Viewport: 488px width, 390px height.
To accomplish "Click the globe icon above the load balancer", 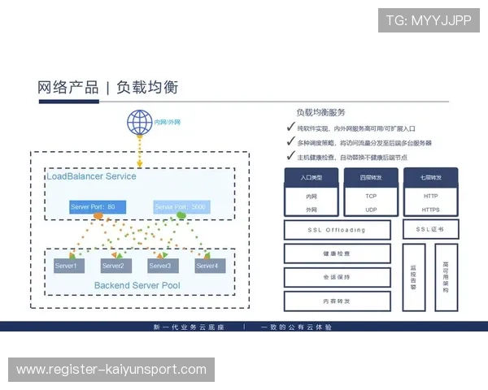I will [140, 123].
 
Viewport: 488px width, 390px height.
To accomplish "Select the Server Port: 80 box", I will [97, 207].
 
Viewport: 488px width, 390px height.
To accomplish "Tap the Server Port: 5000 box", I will [180, 207].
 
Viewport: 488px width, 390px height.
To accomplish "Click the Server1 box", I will [66, 266].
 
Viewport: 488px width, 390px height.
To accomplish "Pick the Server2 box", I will [112, 266].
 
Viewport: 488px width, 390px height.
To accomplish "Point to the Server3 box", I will [159, 266].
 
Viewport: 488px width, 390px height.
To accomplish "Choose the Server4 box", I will [207, 266].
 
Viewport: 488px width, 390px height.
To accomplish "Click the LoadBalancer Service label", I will [91, 176].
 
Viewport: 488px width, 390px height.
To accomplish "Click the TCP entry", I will [371, 196].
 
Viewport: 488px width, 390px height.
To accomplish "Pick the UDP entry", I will [371, 210].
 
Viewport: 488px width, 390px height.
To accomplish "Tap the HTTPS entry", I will [431, 210].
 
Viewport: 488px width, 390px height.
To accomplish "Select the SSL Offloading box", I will [336, 230].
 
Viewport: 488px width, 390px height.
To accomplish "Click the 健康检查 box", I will [336, 253].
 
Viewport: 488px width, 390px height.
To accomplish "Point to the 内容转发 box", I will [336, 301].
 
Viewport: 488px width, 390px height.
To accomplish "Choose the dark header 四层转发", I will [371, 176].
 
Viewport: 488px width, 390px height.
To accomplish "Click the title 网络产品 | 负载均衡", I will [107, 87].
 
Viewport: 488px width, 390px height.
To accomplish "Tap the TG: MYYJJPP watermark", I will [429, 20].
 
